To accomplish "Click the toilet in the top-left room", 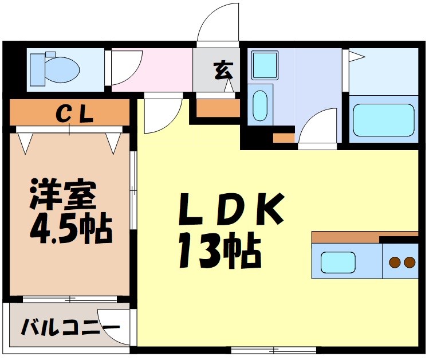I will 54,68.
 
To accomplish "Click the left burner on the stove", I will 394,262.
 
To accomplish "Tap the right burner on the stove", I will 409,262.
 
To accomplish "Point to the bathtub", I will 383,120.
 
